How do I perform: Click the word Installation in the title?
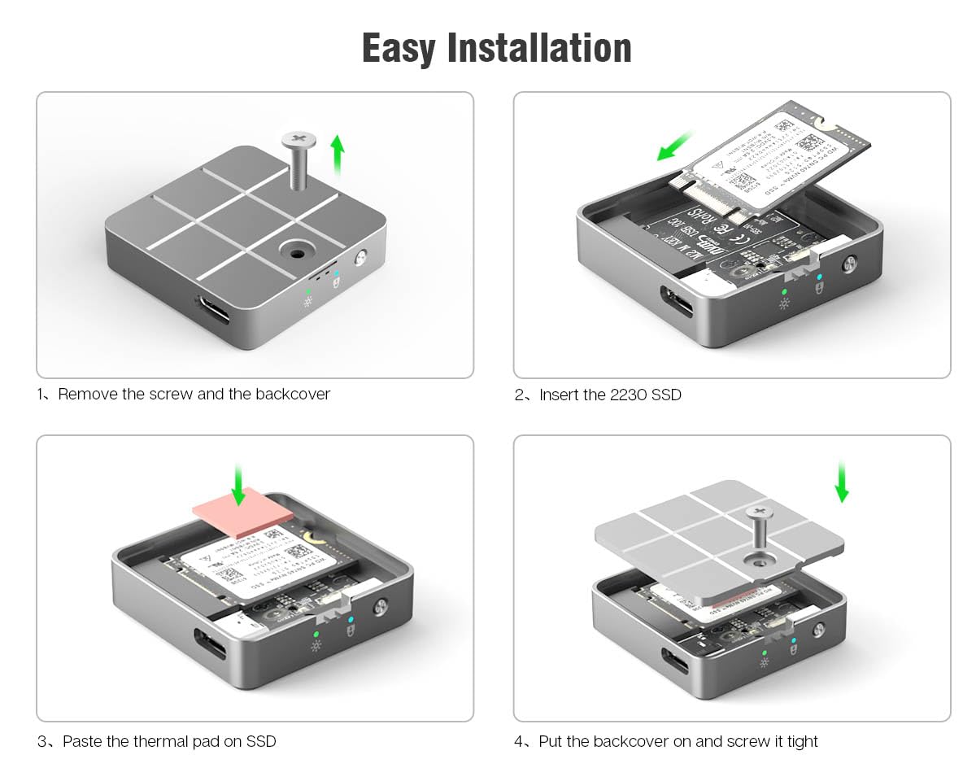pyautogui.click(x=540, y=48)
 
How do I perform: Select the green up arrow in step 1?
pyautogui.click(x=338, y=155)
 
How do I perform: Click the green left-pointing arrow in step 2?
pyautogui.click(x=674, y=146)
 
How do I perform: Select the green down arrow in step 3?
pyautogui.click(x=237, y=484)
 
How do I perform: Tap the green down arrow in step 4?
pyautogui.click(x=842, y=480)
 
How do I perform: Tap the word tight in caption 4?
pyautogui.click(x=802, y=742)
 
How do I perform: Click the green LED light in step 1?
pyautogui.click(x=307, y=290)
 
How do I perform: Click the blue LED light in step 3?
pyautogui.click(x=351, y=619)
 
